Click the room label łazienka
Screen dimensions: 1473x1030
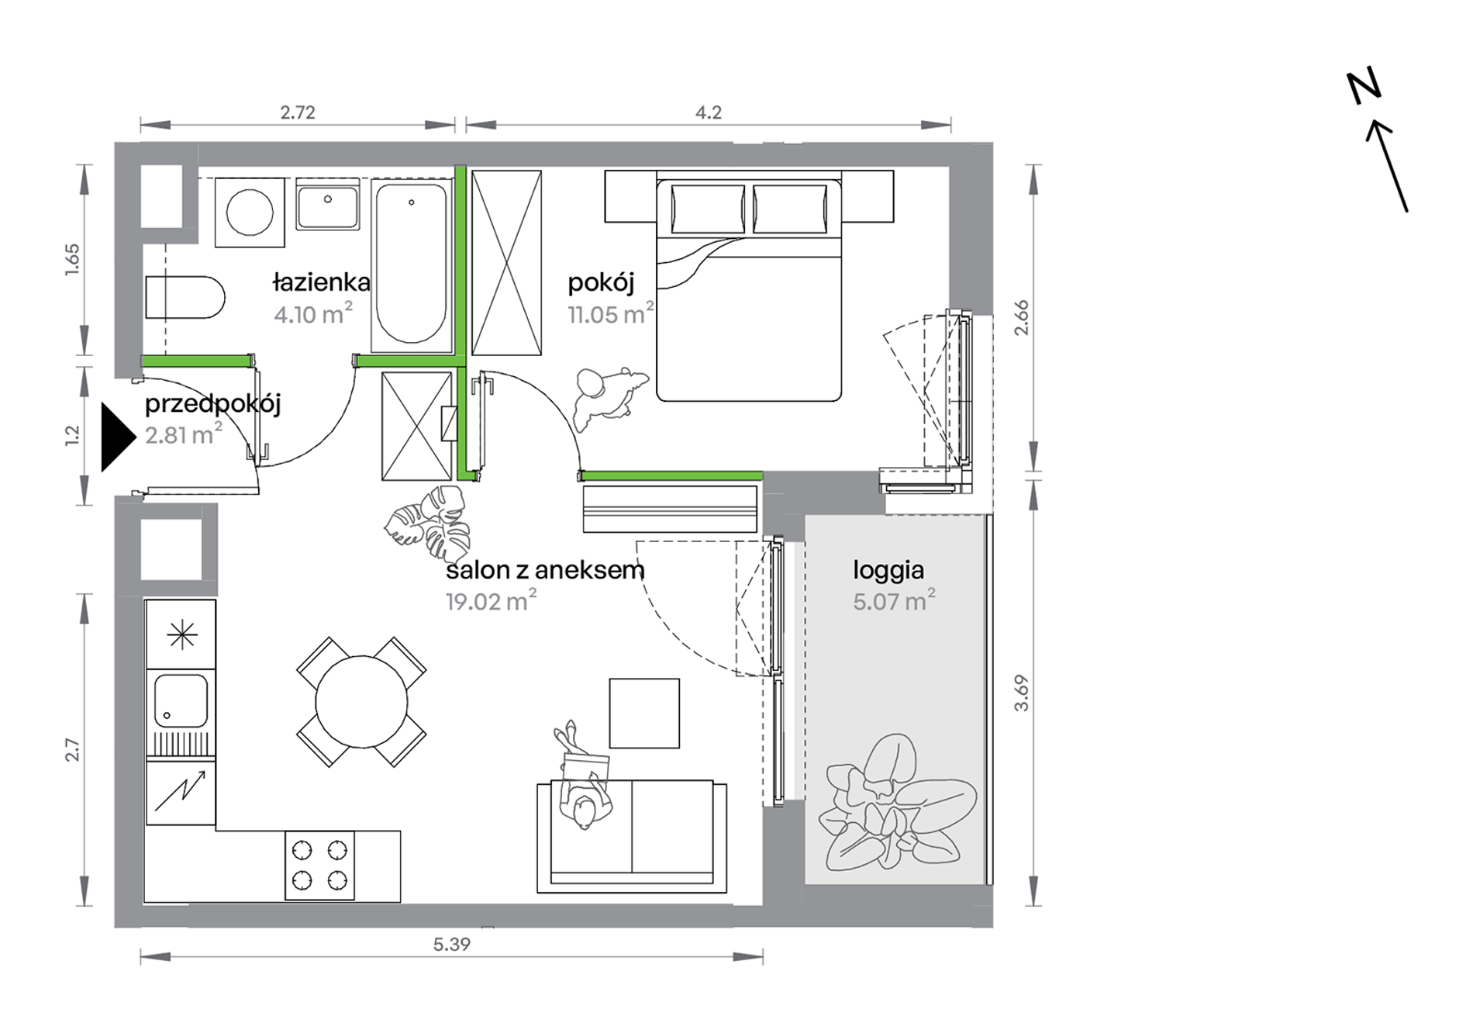[322, 282]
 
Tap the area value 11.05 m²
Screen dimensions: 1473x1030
[611, 313]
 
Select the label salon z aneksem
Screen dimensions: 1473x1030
[545, 570]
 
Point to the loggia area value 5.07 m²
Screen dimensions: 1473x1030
[894, 600]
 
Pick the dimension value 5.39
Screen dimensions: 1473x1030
[452, 944]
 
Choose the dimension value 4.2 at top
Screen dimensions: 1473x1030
[709, 112]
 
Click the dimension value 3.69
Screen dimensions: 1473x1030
[1022, 693]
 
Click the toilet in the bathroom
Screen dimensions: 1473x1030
[185, 297]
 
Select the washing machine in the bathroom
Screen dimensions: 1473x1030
[250, 212]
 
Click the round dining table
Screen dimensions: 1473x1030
[361, 702]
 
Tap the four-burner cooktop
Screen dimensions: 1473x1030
[319, 866]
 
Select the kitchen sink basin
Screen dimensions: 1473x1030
[181, 700]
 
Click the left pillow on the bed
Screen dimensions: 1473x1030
[708, 209]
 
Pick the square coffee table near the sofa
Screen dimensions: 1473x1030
[644, 714]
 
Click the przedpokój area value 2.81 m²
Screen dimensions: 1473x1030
[184, 434]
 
